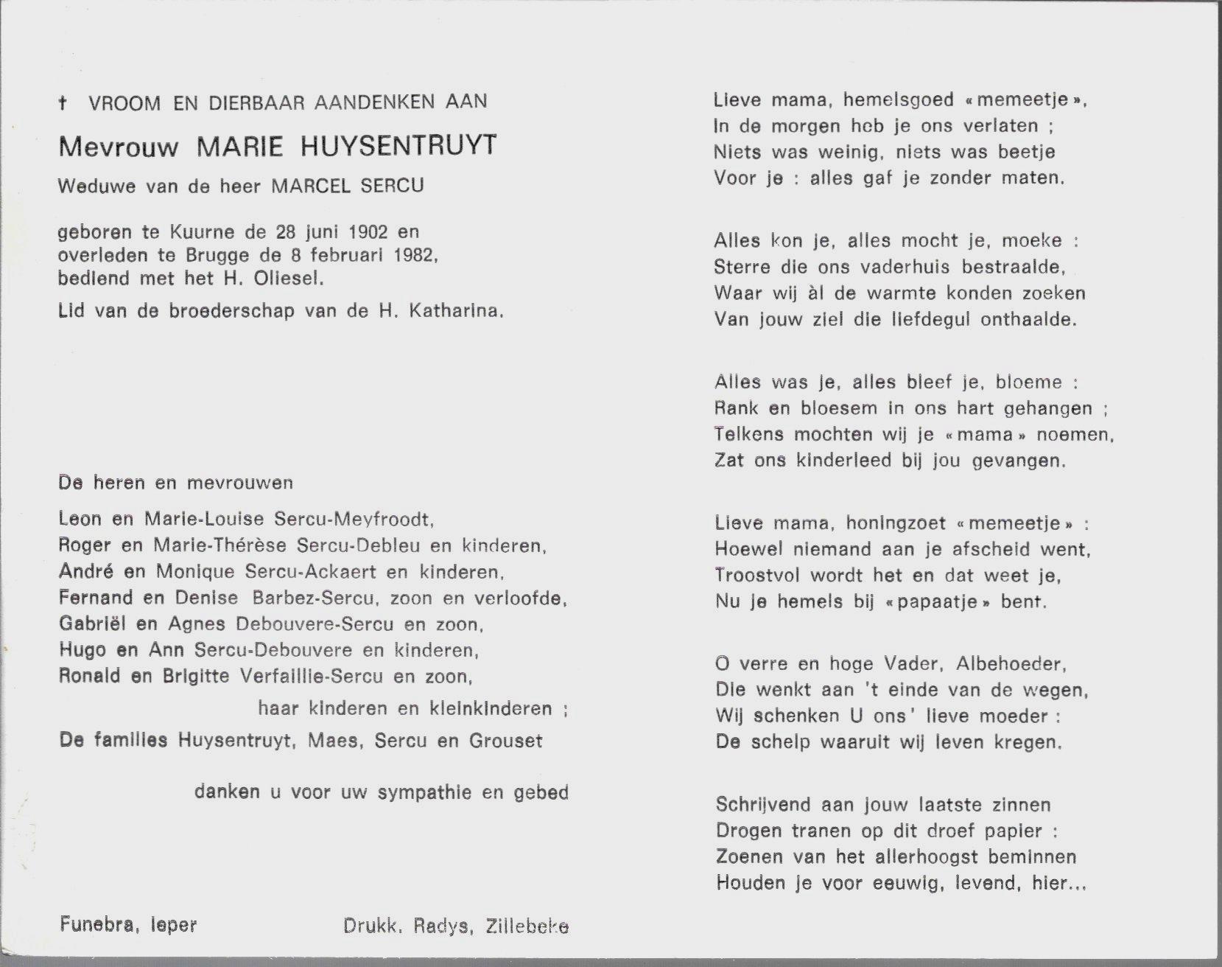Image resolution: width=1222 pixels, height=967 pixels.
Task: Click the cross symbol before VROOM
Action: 63,103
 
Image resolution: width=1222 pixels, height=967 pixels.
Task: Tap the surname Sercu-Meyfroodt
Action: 353,519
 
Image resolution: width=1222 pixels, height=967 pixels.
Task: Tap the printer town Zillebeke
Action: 527,926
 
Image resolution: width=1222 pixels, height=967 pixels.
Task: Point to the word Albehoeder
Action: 1010,664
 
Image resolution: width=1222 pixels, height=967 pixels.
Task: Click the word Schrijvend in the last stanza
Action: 763,805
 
